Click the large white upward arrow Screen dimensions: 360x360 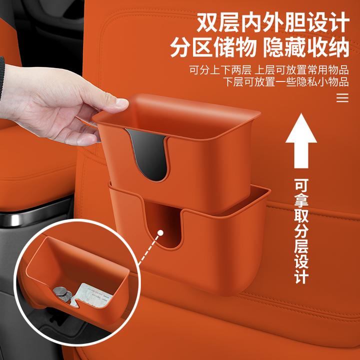click(301, 140)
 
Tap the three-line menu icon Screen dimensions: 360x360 click(342, 98)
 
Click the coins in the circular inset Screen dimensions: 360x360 click(62, 294)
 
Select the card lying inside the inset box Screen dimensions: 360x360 click(91, 295)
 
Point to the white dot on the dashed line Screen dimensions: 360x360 click(160, 233)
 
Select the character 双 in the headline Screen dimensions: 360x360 click(207, 23)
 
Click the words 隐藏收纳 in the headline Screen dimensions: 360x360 click(306, 48)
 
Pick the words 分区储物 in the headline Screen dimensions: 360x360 click(213, 48)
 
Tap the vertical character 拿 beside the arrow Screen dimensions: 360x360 click(301, 201)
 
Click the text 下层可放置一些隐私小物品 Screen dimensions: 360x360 click(286, 82)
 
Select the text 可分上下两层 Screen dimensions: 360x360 click(220, 70)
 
